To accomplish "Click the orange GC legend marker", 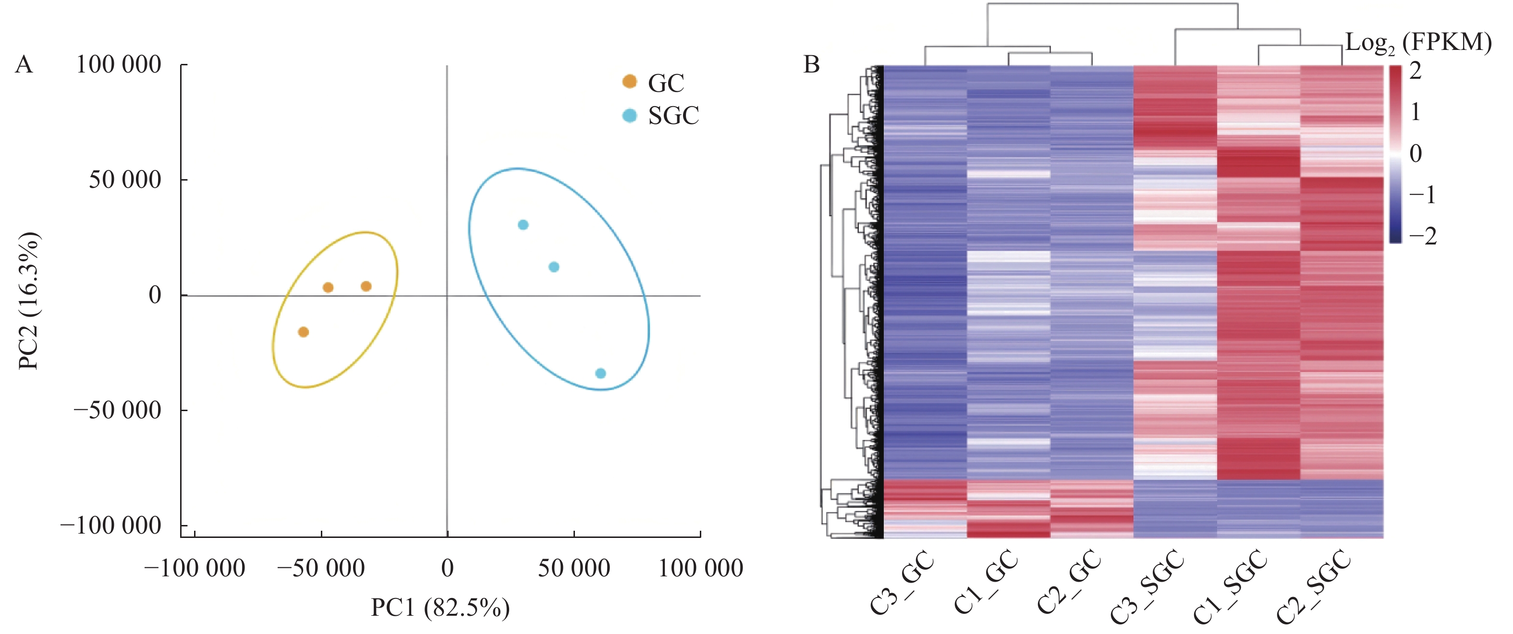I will (x=629, y=82).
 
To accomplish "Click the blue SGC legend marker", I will (x=629, y=115).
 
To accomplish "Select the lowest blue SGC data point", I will (x=600, y=373).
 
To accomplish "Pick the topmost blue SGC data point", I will (x=523, y=224).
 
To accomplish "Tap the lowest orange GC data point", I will (x=303, y=332).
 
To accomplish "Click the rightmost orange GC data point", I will (x=366, y=286).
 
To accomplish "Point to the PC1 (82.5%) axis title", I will (x=440, y=608).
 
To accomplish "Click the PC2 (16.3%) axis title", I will (x=28, y=301).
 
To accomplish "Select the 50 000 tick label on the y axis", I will (x=124, y=179).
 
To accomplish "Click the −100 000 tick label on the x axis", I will (x=195, y=568).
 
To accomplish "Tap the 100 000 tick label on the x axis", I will (x=701, y=568).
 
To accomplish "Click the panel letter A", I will (x=24, y=65).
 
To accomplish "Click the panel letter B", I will (x=811, y=65).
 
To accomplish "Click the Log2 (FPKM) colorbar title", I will (x=1418, y=43).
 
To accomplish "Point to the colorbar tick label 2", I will (x=1415, y=71).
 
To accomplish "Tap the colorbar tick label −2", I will (x=1423, y=236).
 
